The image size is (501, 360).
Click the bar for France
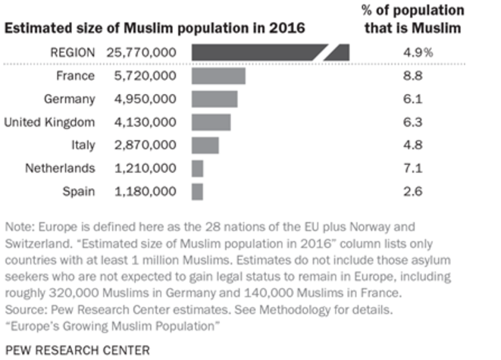pos(218,76)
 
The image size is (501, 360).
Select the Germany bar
pos(214,99)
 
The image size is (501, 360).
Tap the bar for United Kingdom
pos(211,122)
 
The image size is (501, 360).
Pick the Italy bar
pos(205,146)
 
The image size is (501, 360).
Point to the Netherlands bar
pos(198,169)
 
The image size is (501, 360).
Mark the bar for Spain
pos(197,192)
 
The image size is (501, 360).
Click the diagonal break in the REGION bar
pos(326,52)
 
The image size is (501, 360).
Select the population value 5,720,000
pos(146,76)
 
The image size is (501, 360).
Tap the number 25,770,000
pos(142,53)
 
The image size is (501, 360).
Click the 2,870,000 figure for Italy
pos(146,146)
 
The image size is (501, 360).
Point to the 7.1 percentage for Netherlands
pos(413,168)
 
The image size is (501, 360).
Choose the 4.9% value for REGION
pos(418,53)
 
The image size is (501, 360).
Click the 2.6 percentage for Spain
pos(413,192)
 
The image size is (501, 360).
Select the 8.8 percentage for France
pos(413,76)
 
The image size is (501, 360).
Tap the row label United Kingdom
pos(49,122)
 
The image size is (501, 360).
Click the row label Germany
pos(70,99)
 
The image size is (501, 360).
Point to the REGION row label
pos(73,53)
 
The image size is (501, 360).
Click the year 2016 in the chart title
pos(287,28)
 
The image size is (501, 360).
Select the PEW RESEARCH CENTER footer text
pos(77,350)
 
